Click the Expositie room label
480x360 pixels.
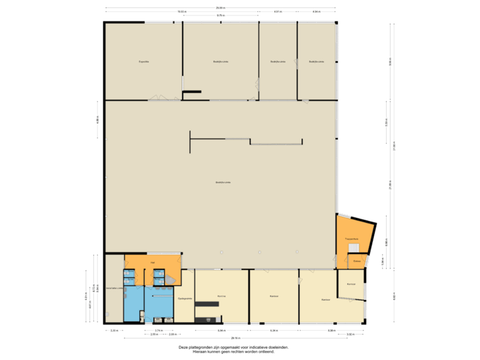pos(143,62)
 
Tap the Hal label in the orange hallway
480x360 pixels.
pos(153,263)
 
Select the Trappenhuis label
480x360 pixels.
pos(351,238)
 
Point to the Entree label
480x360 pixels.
pos(357,261)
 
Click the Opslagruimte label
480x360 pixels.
pos(185,298)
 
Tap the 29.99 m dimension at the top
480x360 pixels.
pos(220,8)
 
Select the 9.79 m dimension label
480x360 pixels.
pos(220,15)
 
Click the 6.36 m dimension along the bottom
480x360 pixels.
pos(273,330)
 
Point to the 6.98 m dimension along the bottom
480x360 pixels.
pos(331,330)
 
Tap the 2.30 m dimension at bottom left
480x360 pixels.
pos(114,330)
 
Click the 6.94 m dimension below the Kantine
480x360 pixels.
pos(219,330)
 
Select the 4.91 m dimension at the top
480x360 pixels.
pos(277,11)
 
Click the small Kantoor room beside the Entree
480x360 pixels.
pos(351,284)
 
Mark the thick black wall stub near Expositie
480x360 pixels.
pos(192,91)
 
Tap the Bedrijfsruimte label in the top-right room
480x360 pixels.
pos(317,62)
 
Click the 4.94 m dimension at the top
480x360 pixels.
pos(316,11)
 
